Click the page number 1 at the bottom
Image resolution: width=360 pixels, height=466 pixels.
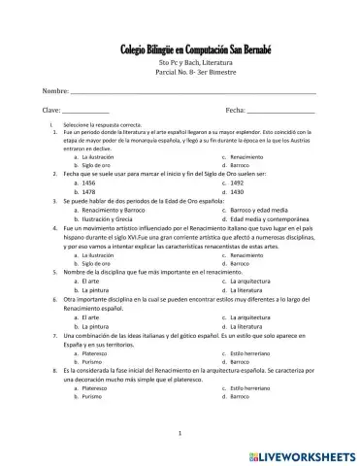click(180, 431)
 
